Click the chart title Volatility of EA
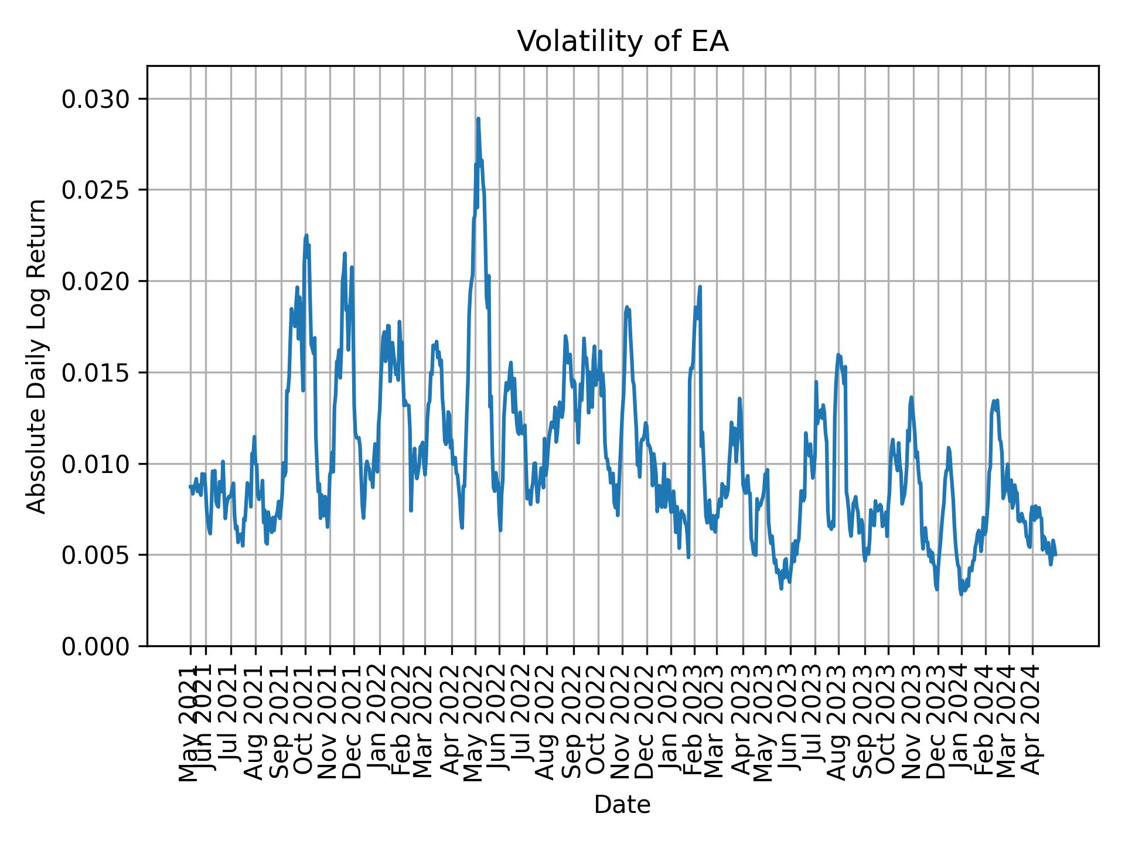click(x=622, y=42)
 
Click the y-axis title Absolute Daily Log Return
click(x=37, y=356)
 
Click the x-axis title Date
click(x=622, y=805)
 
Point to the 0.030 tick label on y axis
click(x=96, y=99)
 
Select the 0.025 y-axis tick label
click(x=96, y=190)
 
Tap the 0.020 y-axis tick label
click(x=96, y=281)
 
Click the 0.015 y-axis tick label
click(x=96, y=373)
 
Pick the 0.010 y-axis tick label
click(x=96, y=464)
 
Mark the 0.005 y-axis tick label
click(x=96, y=555)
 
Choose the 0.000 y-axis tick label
click(x=96, y=646)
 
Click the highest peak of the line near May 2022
click(x=478, y=119)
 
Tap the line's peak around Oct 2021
click(x=306, y=236)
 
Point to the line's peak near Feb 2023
click(x=700, y=287)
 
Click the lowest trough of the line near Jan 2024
click(x=961, y=594)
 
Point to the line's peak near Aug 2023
click(x=838, y=355)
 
